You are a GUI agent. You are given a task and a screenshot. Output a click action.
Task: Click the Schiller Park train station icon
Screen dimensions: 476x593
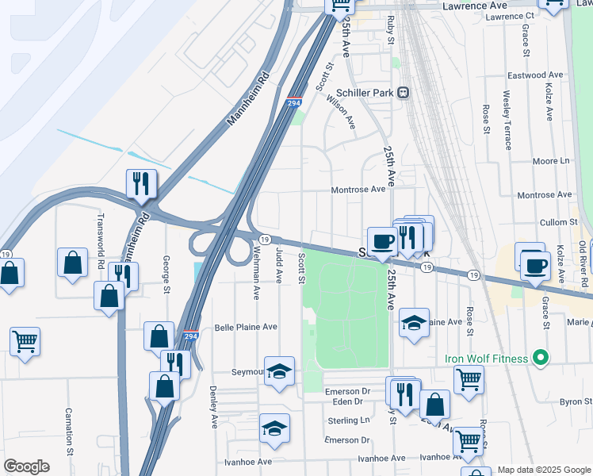[x=404, y=92]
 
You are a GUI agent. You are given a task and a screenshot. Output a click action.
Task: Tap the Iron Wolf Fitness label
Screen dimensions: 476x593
[x=487, y=359]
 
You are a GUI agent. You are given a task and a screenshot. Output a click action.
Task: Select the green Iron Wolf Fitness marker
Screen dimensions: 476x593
[x=541, y=359]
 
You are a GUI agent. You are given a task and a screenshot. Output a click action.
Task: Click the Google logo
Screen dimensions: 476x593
[x=26, y=466]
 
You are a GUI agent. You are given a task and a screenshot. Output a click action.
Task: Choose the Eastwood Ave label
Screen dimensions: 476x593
[x=535, y=75]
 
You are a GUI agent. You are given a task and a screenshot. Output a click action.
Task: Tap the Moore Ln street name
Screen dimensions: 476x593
[x=551, y=161]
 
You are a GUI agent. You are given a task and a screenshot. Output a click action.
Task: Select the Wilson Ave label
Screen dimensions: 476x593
[x=342, y=113]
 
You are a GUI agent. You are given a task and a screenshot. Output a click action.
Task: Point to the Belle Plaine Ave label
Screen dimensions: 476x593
[x=246, y=327]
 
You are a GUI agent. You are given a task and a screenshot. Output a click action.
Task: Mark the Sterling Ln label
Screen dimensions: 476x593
[x=349, y=420]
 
